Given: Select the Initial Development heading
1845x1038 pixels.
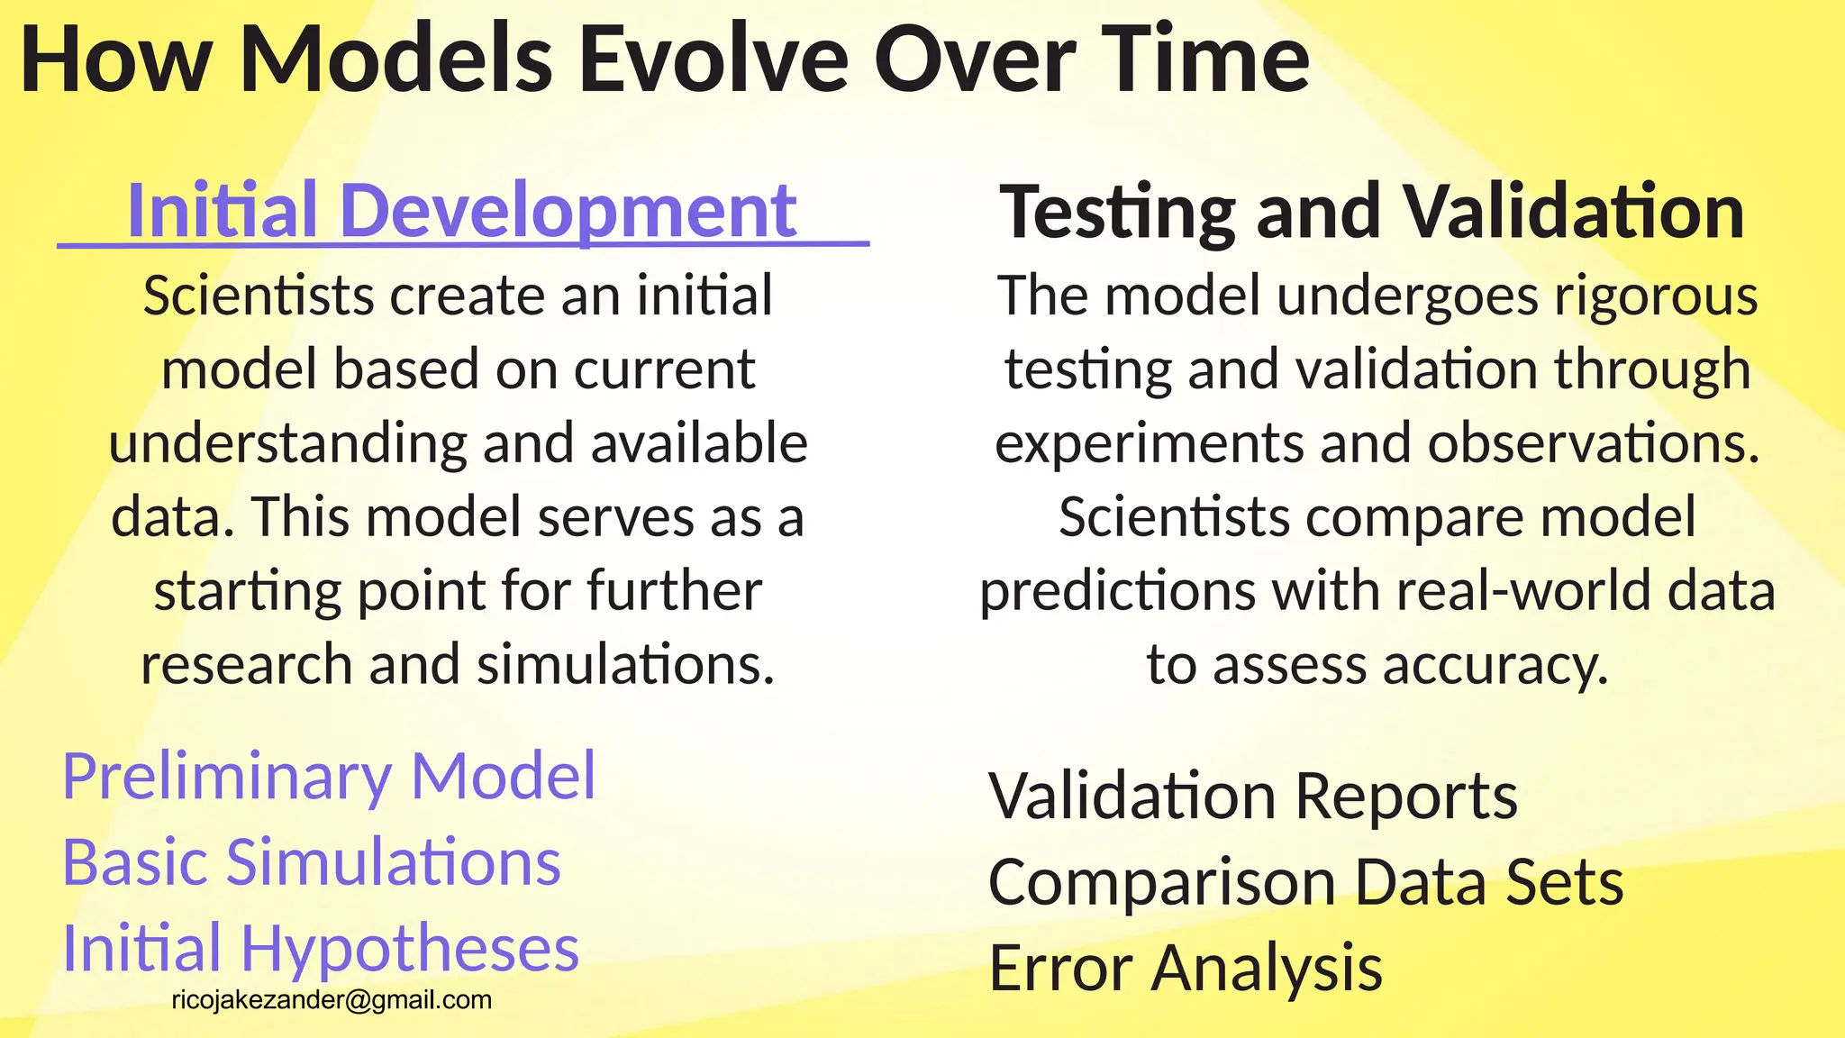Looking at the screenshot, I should tap(462, 211).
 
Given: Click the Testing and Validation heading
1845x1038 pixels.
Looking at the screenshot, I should tap(1372, 213).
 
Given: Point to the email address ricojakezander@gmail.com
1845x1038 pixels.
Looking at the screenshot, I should tap(332, 1000).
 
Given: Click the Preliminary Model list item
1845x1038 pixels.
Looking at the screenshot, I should tap(329, 776).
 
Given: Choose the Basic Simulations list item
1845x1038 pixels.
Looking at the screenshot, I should tap(312, 862).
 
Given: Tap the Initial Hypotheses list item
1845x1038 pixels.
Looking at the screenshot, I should tap(321, 949).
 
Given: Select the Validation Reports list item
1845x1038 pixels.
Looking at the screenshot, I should tap(1253, 797).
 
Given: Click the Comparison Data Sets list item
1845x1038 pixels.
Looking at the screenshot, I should tap(1306, 882).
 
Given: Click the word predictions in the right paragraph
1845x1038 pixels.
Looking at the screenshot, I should tap(1117, 592).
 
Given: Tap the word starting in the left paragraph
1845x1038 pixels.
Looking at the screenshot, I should tap(247, 592).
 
